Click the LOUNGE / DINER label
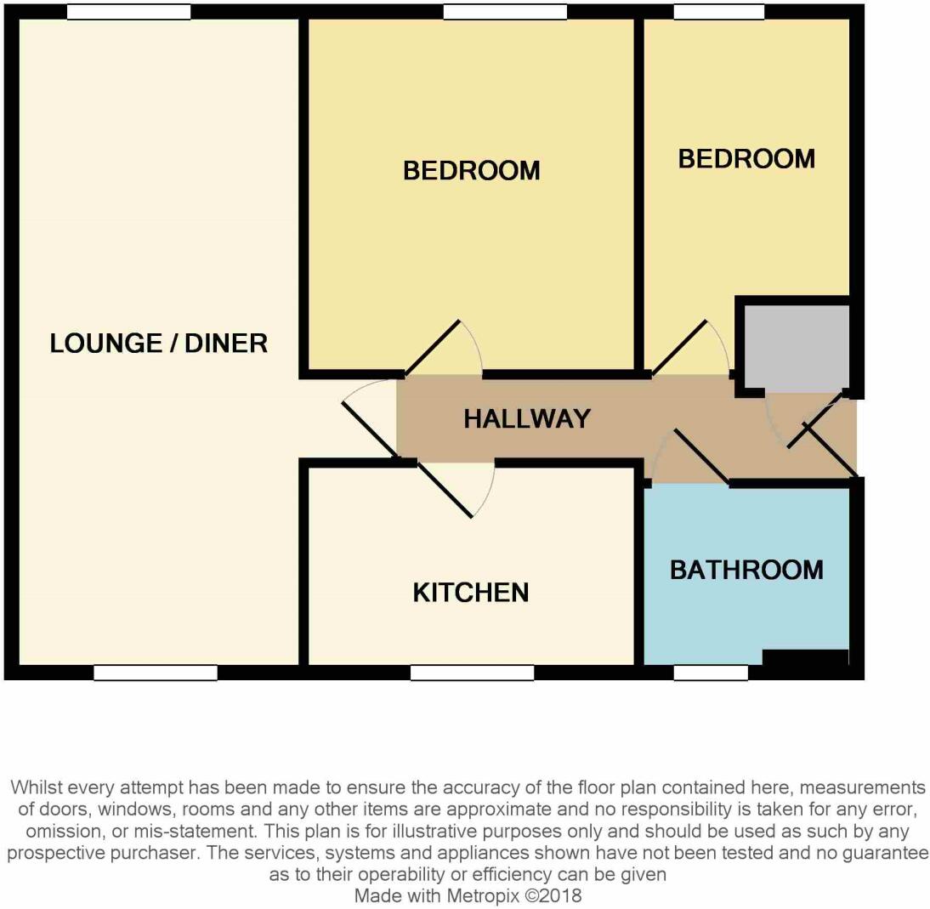coord(159,344)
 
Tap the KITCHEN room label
coord(470,592)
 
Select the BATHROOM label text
coord(746,570)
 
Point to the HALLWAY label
coord(527,418)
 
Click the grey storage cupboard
coord(796,348)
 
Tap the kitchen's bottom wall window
coord(472,673)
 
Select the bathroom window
coord(711,673)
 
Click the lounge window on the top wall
coord(128,12)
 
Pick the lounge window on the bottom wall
coord(156,673)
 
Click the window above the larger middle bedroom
coord(505,12)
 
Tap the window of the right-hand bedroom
coord(718,12)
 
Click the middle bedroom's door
coord(433,348)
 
